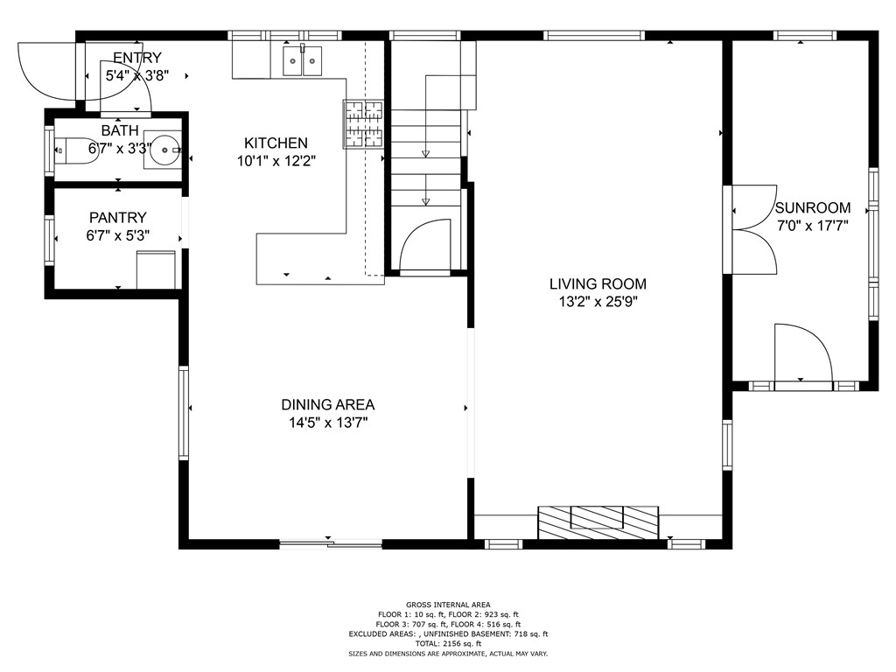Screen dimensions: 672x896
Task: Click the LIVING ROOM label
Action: tap(598, 283)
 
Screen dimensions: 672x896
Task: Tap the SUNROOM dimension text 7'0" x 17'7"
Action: tap(813, 225)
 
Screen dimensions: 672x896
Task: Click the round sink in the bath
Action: tap(161, 150)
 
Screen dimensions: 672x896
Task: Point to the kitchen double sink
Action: tap(303, 60)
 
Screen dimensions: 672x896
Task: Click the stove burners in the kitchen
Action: tap(363, 122)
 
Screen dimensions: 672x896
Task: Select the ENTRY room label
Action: tap(136, 58)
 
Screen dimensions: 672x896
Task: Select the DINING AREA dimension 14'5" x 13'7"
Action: tap(328, 423)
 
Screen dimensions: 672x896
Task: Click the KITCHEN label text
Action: tap(276, 143)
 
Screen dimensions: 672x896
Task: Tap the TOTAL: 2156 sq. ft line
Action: tap(448, 644)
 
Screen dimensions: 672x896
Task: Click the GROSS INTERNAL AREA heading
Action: tap(448, 605)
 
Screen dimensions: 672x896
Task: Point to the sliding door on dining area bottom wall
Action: tap(331, 544)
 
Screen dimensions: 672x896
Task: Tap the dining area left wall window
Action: tap(184, 413)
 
